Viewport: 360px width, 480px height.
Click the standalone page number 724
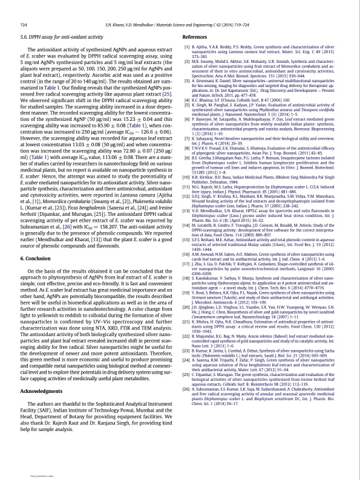tap(24, 24)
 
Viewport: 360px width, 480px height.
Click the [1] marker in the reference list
tap(186, 46)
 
